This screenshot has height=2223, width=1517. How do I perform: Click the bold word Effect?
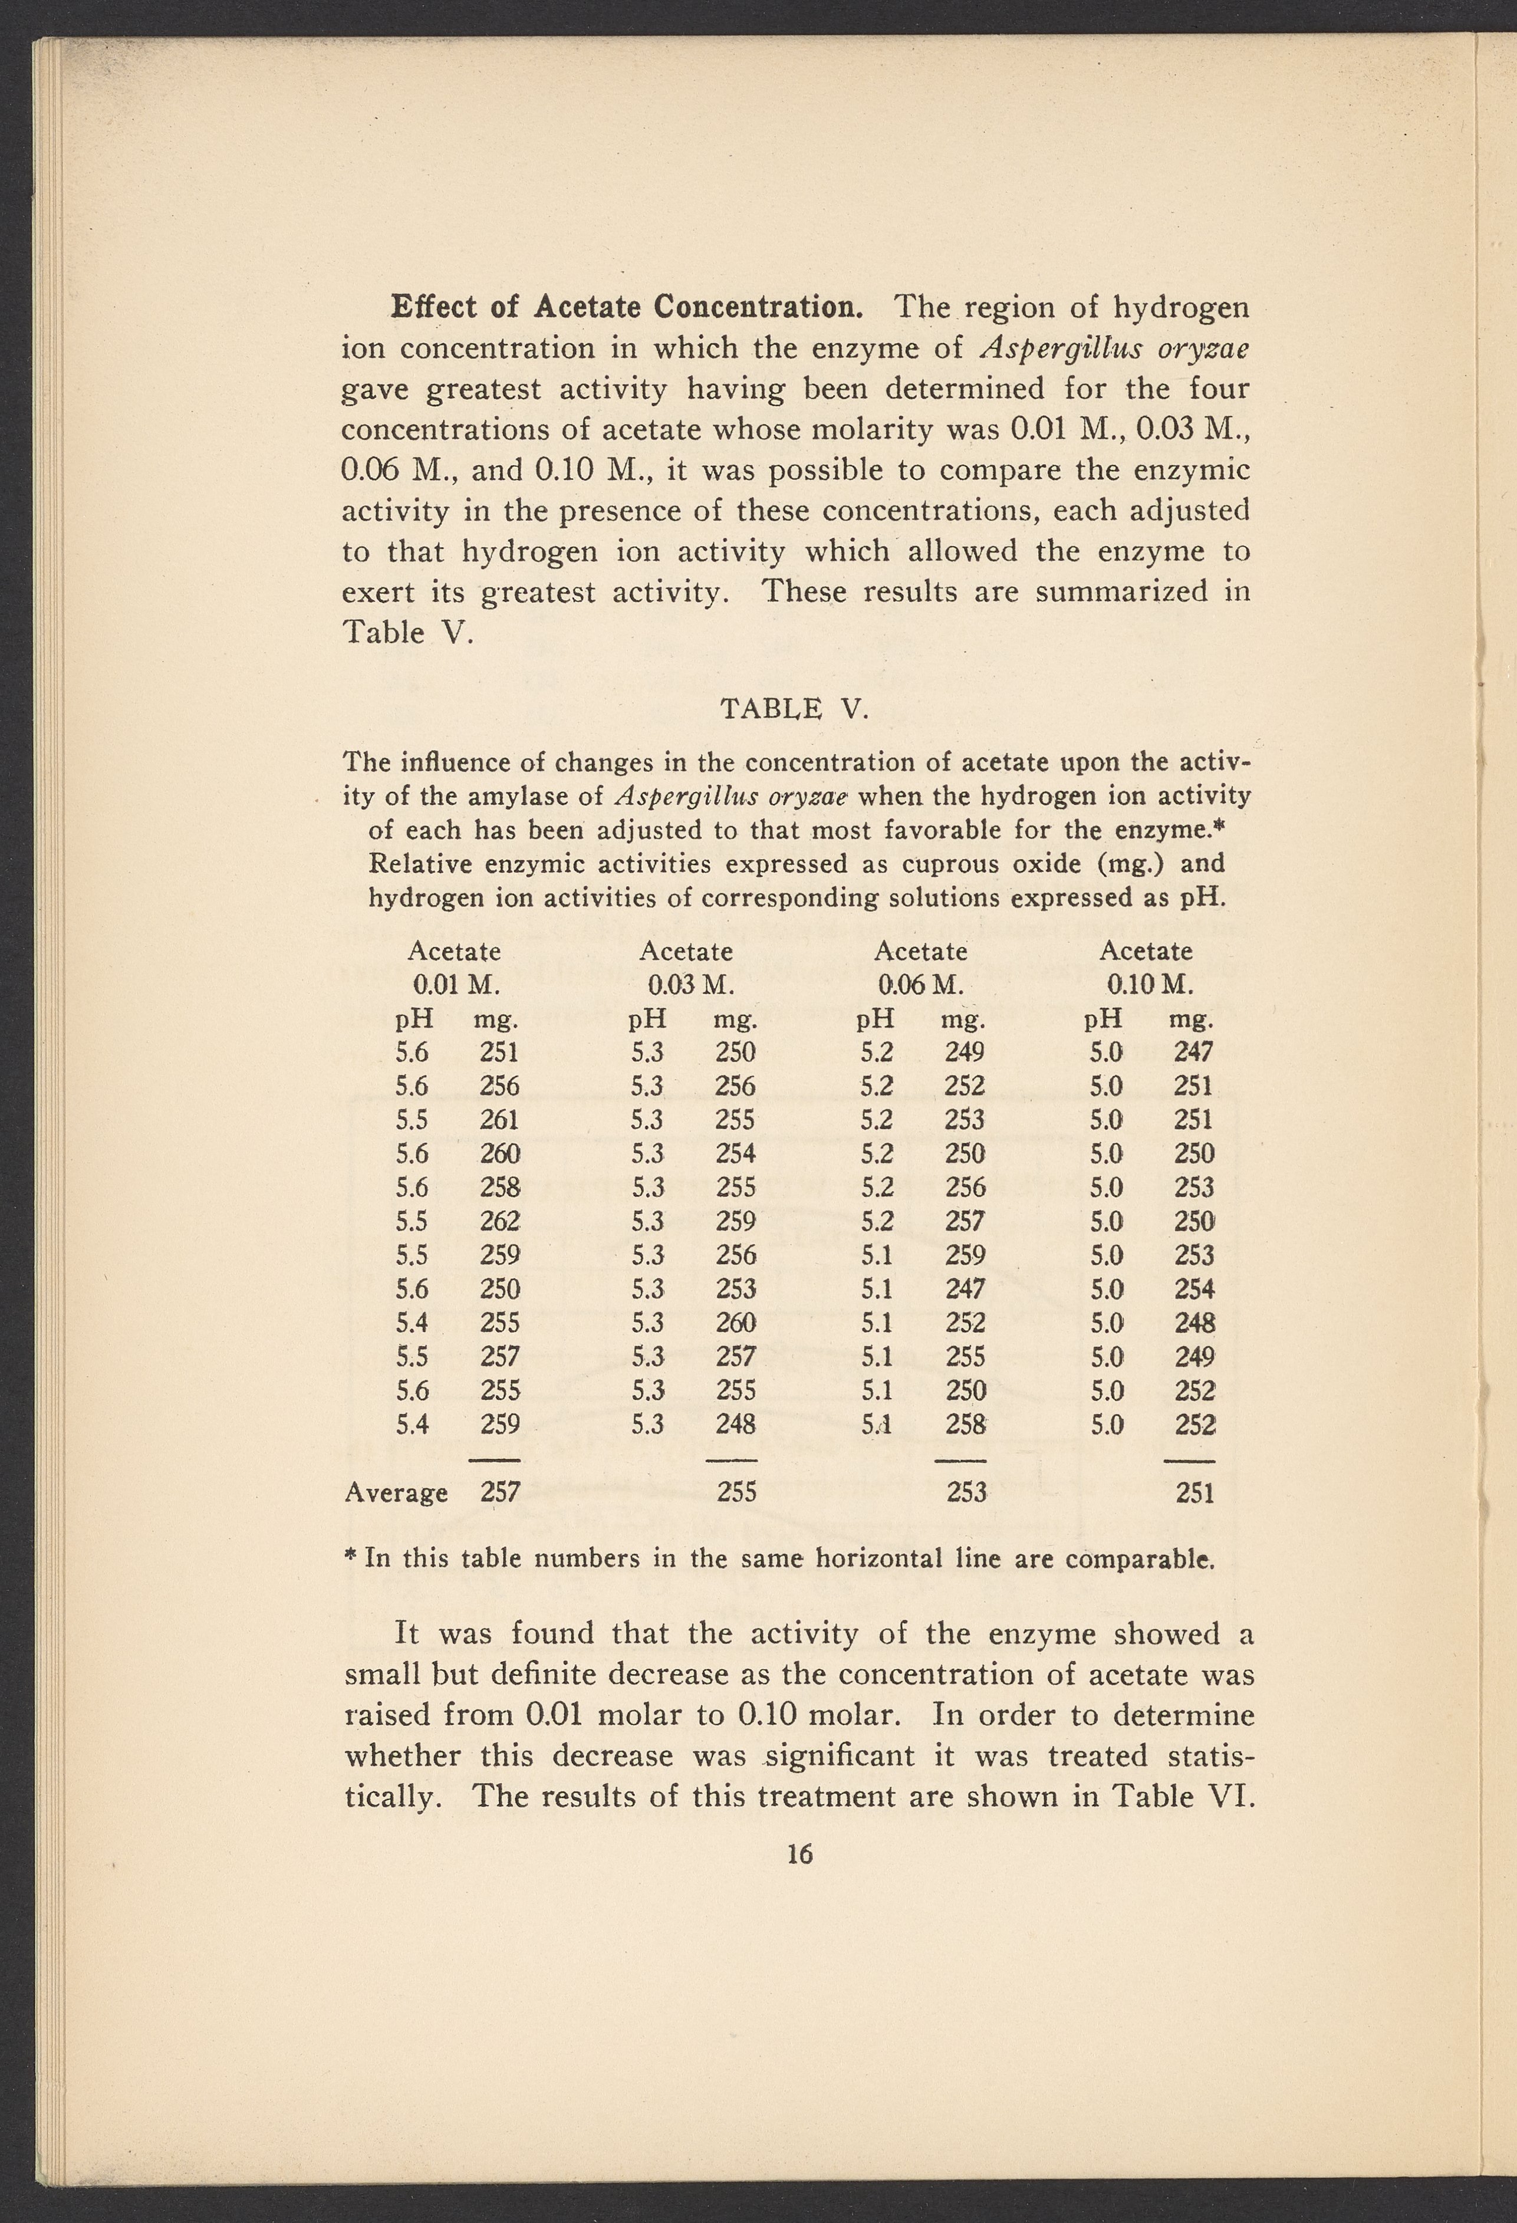tap(432, 307)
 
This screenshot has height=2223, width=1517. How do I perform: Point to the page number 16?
tap(799, 1854)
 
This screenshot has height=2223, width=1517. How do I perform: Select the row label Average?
tap(396, 1493)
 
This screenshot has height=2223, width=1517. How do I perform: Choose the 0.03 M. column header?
tap(690, 984)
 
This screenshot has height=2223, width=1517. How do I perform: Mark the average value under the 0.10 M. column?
tap(1194, 1493)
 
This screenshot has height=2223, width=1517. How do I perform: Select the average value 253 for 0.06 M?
tap(966, 1493)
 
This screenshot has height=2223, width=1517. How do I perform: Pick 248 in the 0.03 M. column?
tap(736, 1424)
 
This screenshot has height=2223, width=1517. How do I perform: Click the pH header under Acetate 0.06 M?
tap(875, 1019)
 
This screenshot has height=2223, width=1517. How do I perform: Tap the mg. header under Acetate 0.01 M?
tap(496, 1019)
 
